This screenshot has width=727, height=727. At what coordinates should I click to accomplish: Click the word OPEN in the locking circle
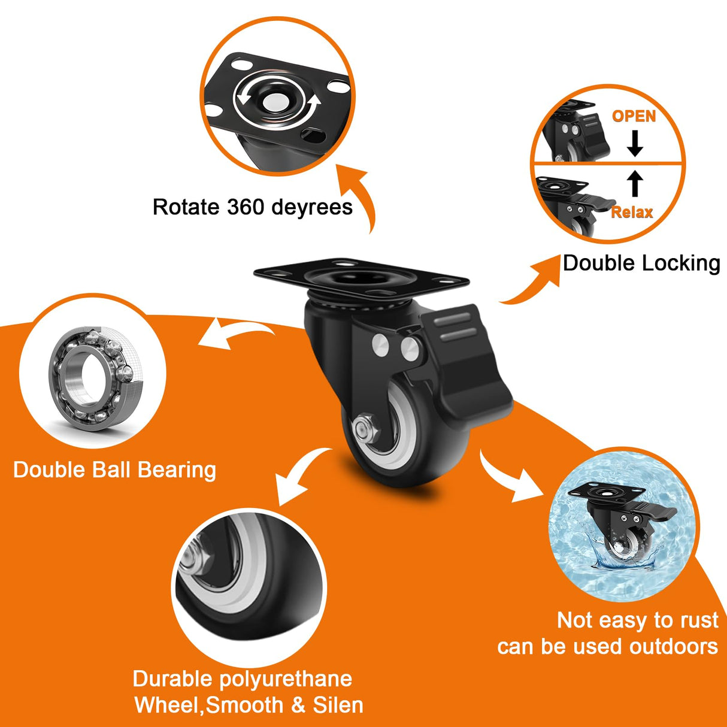click(634, 116)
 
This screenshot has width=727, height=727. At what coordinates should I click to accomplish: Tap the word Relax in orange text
click(632, 212)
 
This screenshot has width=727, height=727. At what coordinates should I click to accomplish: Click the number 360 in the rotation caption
click(246, 207)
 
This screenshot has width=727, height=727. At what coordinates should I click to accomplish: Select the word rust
click(699, 620)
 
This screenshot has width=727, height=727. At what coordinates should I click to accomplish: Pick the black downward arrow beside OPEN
click(635, 143)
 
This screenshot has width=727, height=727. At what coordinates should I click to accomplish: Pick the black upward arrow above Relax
click(635, 183)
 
